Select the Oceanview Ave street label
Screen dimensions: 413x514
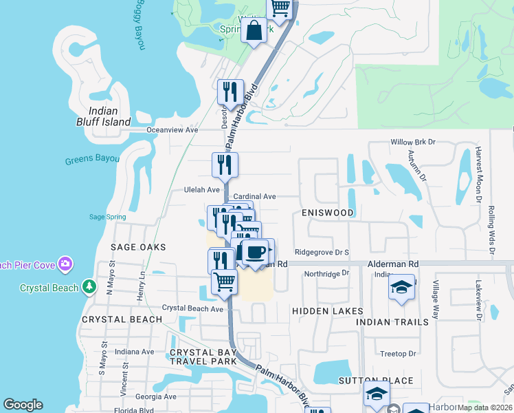[x=172, y=129]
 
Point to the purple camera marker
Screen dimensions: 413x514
[x=65, y=264]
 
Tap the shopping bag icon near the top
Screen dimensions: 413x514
[x=254, y=31]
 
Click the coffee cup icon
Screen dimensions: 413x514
[x=256, y=252]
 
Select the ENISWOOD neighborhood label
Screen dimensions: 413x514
[x=328, y=213]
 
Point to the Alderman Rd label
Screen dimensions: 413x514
[x=393, y=264]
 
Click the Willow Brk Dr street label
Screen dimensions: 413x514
[x=413, y=142]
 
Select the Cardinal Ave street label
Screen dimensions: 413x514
[x=254, y=196]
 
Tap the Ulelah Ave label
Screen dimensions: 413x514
[x=201, y=189]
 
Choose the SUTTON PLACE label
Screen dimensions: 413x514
[x=376, y=380]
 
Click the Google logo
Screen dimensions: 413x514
[x=23, y=405]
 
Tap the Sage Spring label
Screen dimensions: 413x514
[x=107, y=217]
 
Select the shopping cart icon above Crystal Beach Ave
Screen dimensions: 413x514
[x=224, y=282]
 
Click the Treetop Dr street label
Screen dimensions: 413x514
[x=398, y=354]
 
